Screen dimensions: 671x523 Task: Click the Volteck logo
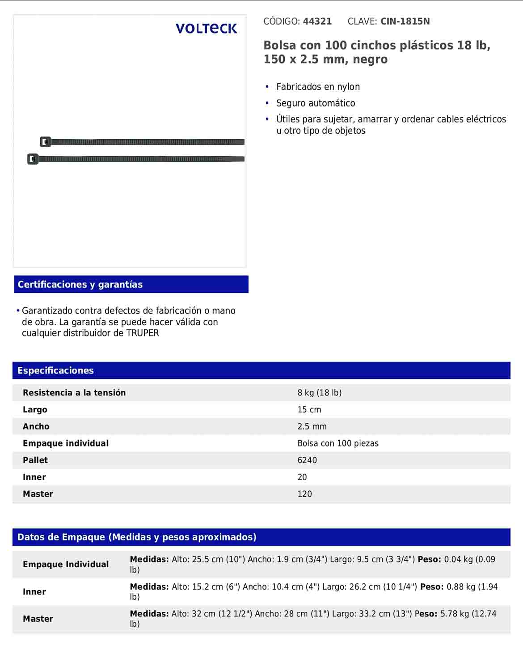click(x=206, y=29)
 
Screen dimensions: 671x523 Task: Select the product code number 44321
click(x=317, y=21)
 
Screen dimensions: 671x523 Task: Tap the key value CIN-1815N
click(x=405, y=21)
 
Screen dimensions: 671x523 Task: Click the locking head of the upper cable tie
click(x=45, y=142)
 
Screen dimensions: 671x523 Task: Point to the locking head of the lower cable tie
click(x=33, y=159)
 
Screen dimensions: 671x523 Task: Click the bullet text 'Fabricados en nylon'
click(x=318, y=87)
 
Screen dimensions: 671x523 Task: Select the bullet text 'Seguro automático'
click(x=316, y=103)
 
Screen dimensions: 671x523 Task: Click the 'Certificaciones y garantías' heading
click(x=80, y=285)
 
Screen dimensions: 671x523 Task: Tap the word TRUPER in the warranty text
click(x=143, y=333)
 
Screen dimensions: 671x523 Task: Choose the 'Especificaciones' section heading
click(x=55, y=370)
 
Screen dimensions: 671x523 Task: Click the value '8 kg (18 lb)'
click(x=320, y=393)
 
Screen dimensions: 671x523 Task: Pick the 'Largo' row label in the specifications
click(x=35, y=410)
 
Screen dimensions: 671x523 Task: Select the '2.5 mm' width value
click(x=312, y=427)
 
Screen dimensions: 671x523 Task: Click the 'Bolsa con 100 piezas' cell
click(x=338, y=443)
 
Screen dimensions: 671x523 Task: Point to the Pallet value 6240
click(x=307, y=460)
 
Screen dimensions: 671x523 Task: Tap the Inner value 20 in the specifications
click(x=302, y=477)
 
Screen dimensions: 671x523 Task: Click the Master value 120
click(x=305, y=494)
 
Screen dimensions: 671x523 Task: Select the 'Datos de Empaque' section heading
click(x=137, y=537)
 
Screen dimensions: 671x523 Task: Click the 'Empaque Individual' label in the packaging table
click(x=66, y=565)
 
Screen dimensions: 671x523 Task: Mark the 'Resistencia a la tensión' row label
click(x=74, y=393)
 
